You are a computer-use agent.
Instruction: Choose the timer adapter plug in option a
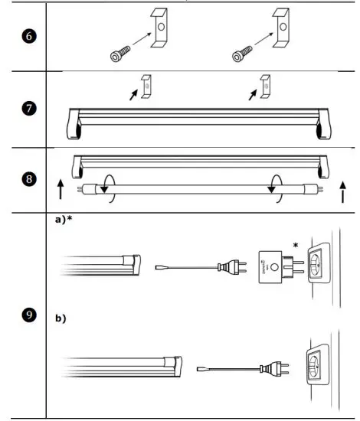[x=273, y=266]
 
